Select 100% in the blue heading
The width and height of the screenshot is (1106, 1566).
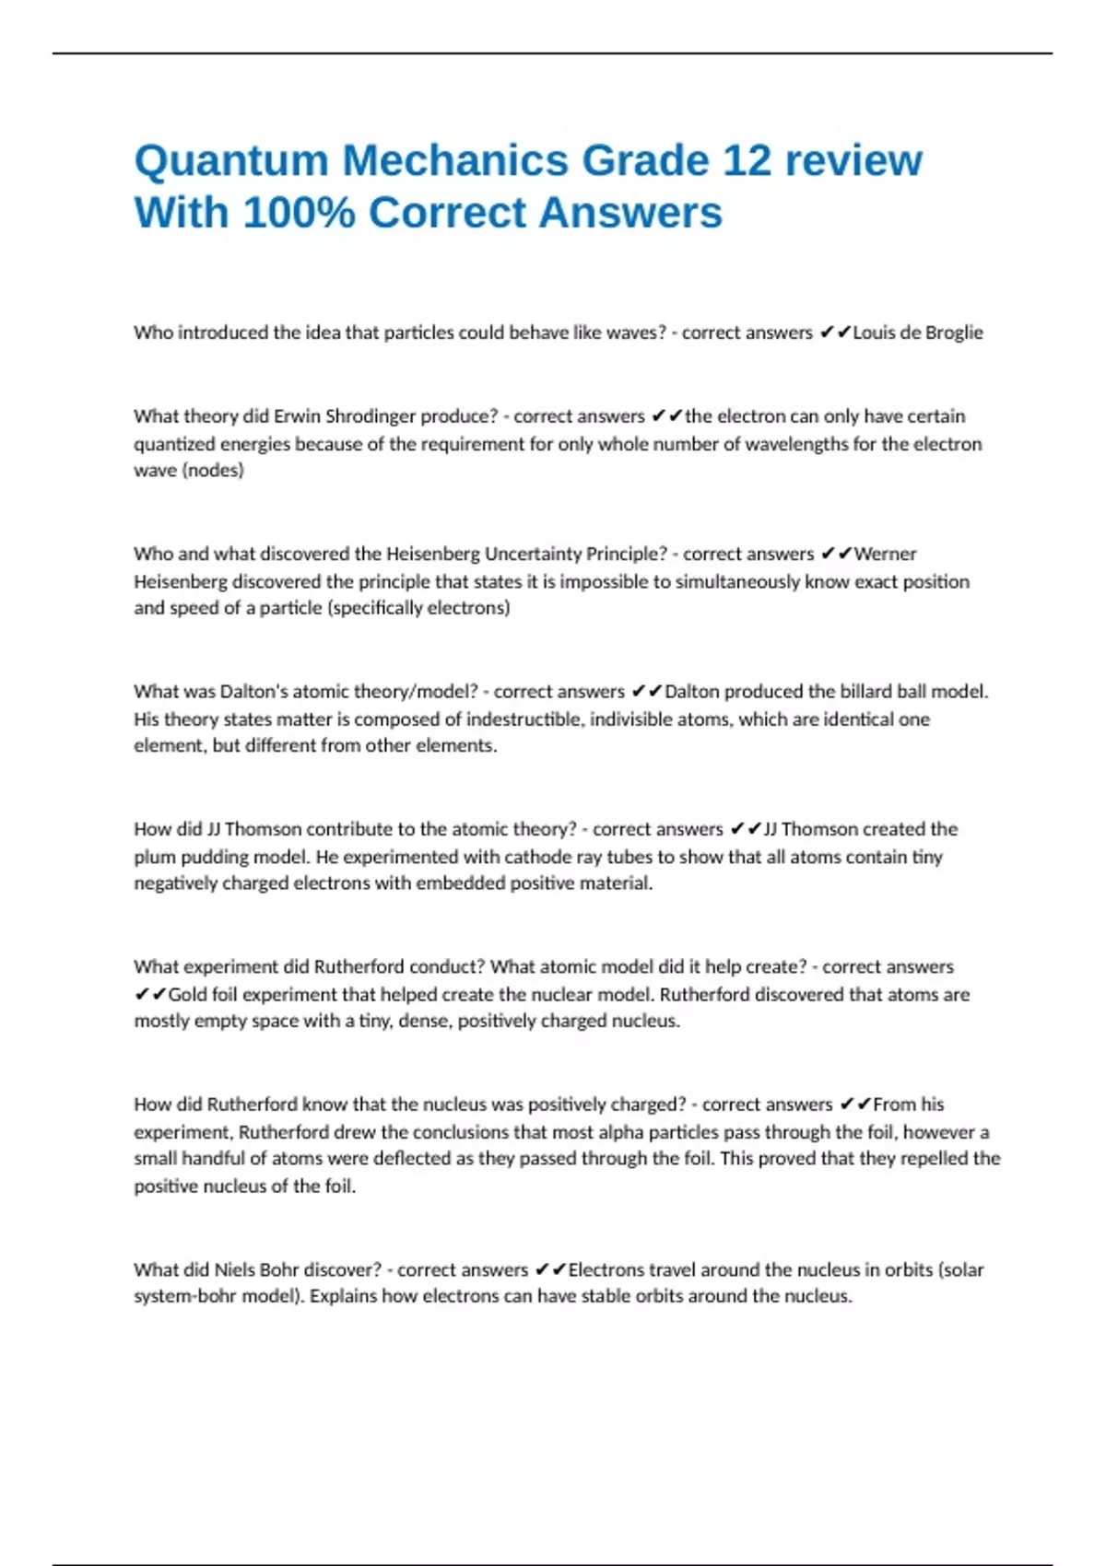pyautogui.click(x=300, y=213)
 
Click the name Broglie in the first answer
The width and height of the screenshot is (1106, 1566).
pyautogui.click(x=949, y=333)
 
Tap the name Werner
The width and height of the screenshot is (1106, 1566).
pyautogui.click(x=885, y=554)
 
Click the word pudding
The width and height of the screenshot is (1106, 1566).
pyautogui.click(x=216, y=857)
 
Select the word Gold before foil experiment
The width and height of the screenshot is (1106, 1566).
pyautogui.click(x=188, y=995)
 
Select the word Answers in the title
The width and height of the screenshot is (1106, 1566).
pyautogui.click(x=630, y=213)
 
